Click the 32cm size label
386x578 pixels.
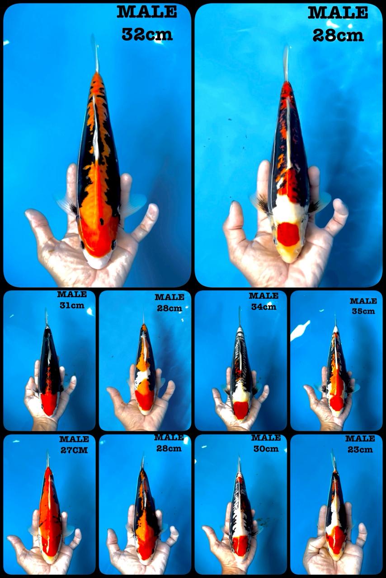click(x=147, y=34)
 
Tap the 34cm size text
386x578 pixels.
click(x=264, y=307)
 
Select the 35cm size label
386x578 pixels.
click(x=363, y=311)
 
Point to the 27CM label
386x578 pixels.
click(x=74, y=450)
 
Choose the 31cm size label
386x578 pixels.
click(x=72, y=305)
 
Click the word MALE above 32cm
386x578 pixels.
click(x=147, y=12)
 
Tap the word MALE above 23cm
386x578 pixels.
click(x=360, y=438)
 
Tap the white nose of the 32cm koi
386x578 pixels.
click(x=98, y=261)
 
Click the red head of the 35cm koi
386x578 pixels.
click(x=336, y=402)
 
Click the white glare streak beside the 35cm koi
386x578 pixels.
click(x=301, y=331)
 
